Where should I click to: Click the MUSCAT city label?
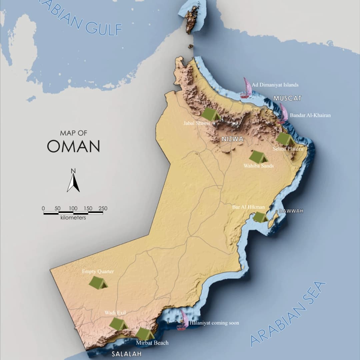click(287, 98)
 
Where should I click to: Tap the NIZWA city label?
click(232, 139)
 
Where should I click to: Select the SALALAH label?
click(126, 354)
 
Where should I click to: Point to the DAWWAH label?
click(291, 211)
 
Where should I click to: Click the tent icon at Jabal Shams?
click(211, 114)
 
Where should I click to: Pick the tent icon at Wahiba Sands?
click(258, 157)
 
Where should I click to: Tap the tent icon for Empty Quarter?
click(98, 283)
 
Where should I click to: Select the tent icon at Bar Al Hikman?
click(260, 217)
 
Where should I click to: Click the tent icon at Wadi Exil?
click(118, 324)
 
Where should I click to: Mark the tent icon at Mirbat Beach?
click(145, 334)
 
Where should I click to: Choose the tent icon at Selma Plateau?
click(285, 139)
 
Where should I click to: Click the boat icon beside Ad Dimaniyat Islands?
click(246, 88)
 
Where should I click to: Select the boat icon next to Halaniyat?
click(183, 320)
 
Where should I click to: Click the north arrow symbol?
click(73, 182)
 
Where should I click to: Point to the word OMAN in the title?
click(73, 146)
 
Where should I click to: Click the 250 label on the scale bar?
click(103, 208)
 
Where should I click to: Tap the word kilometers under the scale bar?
click(73, 218)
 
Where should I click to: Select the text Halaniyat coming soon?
click(214, 323)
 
